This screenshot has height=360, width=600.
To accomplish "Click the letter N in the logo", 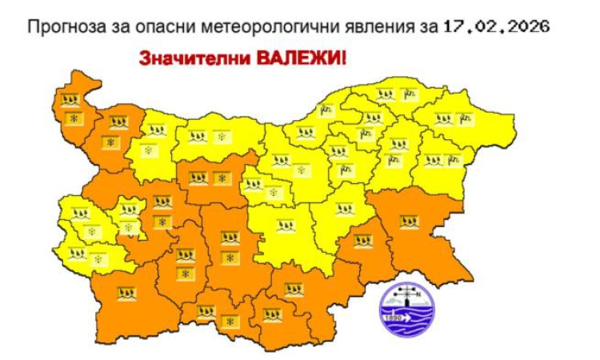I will click(x=417, y=294).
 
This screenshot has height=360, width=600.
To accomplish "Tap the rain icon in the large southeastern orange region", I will click(x=409, y=219).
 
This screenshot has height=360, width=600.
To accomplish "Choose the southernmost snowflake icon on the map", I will click(x=231, y=321).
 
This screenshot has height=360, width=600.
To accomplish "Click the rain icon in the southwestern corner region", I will click(x=125, y=293).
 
